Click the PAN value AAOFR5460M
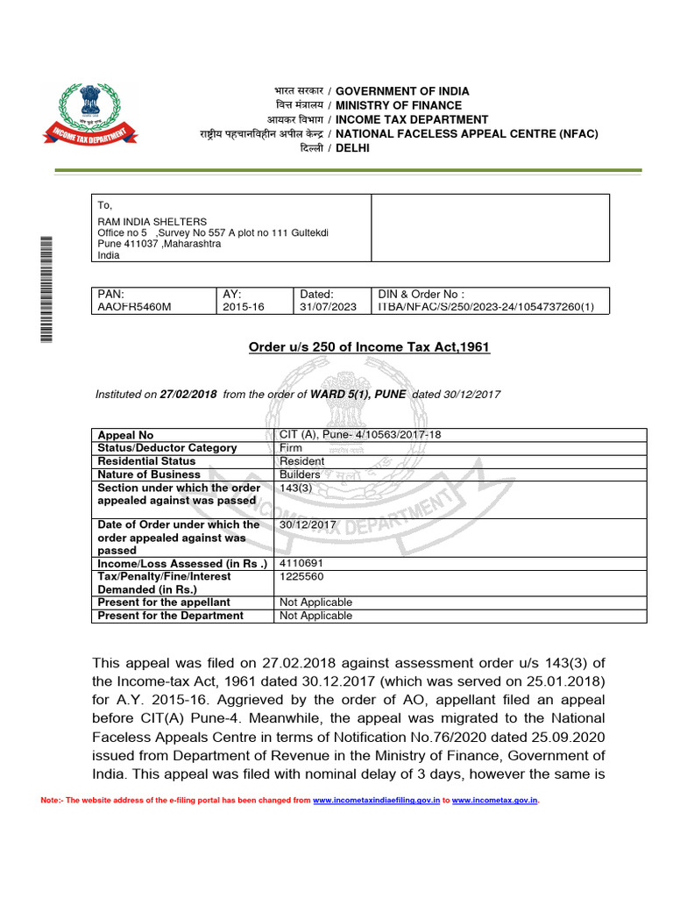click(x=131, y=308)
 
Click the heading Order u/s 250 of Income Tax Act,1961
click(x=369, y=347)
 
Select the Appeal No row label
click(x=125, y=435)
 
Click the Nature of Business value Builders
click(x=300, y=474)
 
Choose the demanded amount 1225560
click(x=302, y=576)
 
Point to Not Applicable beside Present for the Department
click(x=315, y=616)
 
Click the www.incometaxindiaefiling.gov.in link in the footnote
click(x=376, y=801)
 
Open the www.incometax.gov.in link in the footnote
click(x=494, y=801)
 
